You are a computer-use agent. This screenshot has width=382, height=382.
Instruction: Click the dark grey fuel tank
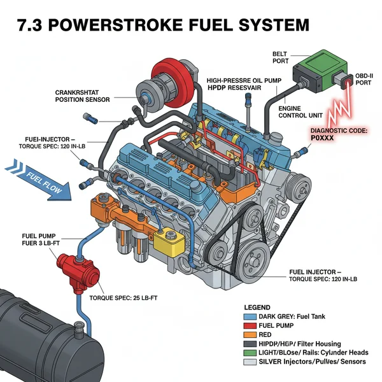click(38, 331)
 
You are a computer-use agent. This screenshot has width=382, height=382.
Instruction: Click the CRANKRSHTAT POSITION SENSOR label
click(83, 95)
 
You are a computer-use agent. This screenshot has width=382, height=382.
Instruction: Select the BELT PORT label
click(280, 58)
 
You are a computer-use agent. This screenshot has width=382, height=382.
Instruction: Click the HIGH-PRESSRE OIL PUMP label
click(242, 82)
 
